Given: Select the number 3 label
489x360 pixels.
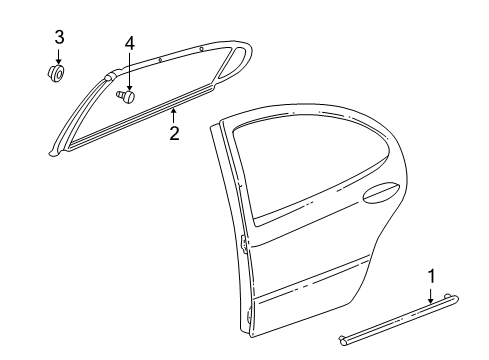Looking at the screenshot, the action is [x=58, y=37].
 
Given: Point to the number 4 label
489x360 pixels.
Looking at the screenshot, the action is [x=128, y=44].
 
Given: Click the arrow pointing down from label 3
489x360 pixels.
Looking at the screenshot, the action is [x=58, y=55].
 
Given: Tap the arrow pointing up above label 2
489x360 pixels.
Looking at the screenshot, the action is [x=173, y=114].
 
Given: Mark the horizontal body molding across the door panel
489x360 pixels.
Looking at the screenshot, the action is [x=330, y=285].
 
